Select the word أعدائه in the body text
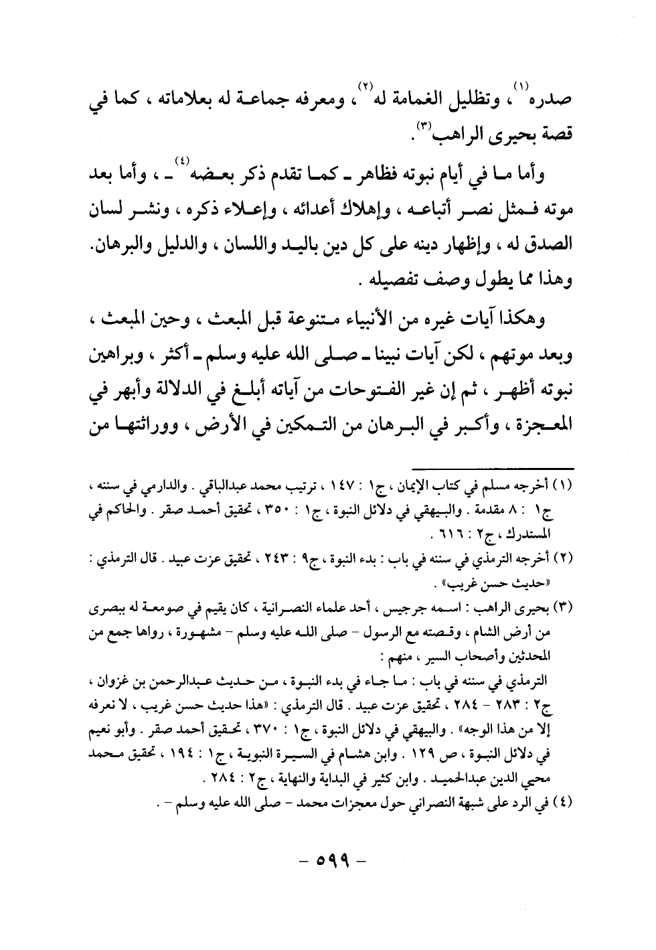pos(338,210)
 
